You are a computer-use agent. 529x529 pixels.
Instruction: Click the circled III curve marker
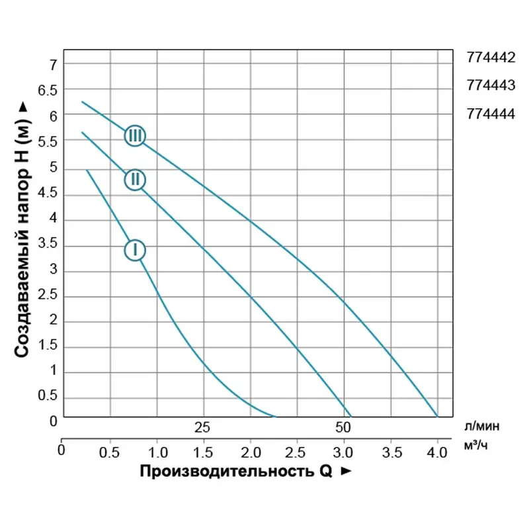pyautogui.click(x=135, y=136)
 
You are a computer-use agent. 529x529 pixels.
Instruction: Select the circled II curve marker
pyautogui.click(x=135, y=179)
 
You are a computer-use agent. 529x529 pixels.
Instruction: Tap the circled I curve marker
pyautogui.click(x=135, y=250)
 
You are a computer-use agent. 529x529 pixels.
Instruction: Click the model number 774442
pyautogui.click(x=491, y=58)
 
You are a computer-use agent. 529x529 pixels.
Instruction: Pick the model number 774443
pyautogui.click(x=491, y=85)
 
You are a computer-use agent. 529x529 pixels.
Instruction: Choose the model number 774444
pyautogui.click(x=491, y=113)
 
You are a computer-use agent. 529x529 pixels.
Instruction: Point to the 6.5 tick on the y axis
pyautogui.click(x=48, y=90)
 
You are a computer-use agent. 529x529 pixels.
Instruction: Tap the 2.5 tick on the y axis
pyautogui.click(x=48, y=296)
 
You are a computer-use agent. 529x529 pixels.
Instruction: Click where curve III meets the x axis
pyautogui.click(x=438, y=417)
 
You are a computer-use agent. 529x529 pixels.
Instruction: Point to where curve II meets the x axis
pyautogui.click(x=350, y=417)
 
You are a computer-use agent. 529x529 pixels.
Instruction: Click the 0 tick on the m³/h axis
pyautogui.click(x=61, y=452)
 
